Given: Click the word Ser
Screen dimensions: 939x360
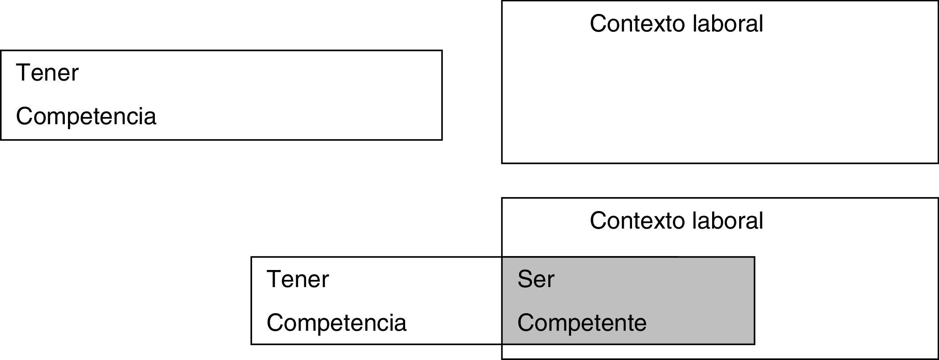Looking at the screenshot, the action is click(536, 279).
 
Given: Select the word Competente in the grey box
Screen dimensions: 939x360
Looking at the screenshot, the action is click(582, 323).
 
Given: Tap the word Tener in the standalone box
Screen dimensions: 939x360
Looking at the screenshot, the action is click(47, 73).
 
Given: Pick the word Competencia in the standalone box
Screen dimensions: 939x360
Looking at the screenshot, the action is click(86, 116).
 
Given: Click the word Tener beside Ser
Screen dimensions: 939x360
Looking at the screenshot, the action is click(298, 279).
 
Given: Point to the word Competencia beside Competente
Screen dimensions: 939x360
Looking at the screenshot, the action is click(336, 323).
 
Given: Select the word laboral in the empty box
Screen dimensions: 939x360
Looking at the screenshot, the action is click(728, 23).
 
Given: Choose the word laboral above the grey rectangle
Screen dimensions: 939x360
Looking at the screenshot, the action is click(728, 220).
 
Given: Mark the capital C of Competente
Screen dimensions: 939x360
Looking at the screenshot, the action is click(525, 323).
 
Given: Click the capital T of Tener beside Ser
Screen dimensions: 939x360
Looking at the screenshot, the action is click(274, 279).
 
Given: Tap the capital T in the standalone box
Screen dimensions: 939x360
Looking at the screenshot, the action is click(23, 73).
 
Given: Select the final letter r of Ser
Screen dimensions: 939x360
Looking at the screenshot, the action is click(551, 281).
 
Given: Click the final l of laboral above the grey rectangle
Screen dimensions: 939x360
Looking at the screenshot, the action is click(761, 220).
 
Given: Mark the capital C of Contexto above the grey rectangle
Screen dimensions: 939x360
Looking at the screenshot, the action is click(598, 220).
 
